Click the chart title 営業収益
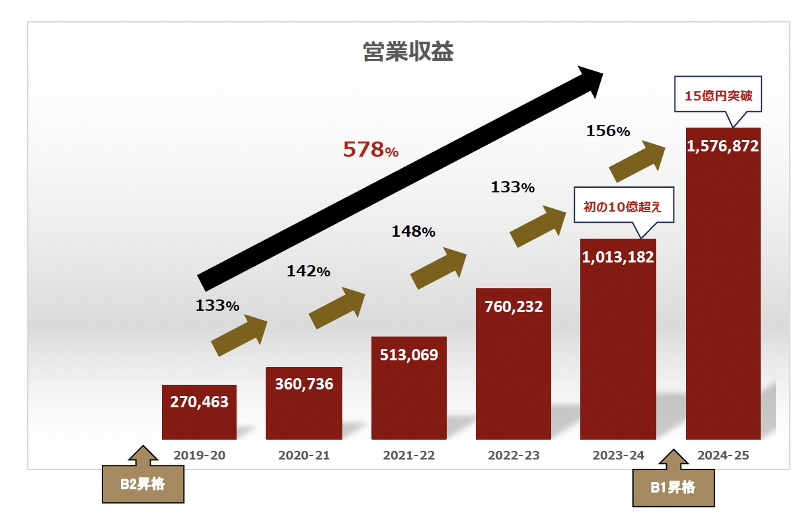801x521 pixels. click(408, 52)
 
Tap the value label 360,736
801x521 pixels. click(303, 384)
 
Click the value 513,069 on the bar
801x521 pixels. click(408, 355)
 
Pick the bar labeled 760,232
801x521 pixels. click(514, 364)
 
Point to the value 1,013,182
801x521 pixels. click(618, 257)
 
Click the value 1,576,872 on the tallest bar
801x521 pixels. click(722, 147)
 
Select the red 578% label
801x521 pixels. click(370, 150)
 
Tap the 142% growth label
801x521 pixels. click(308, 271)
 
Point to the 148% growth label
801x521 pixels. click(413, 232)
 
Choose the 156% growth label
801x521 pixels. click(608, 132)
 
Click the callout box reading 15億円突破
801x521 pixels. click(718, 96)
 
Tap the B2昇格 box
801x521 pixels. click(142, 485)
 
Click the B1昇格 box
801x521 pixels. click(673, 488)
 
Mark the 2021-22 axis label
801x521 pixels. click(408, 456)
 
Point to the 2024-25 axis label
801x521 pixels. click(722, 456)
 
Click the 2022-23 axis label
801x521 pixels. click(514, 456)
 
